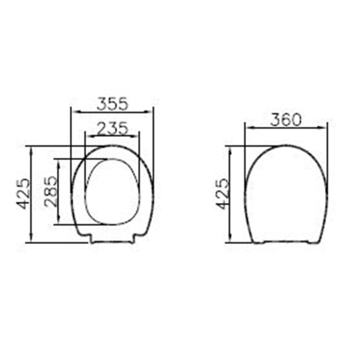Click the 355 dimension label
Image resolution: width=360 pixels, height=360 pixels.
click(x=112, y=104)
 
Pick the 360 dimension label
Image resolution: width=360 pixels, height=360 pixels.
click(x=285, y=120)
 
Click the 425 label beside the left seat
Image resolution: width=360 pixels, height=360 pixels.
click(x=23, y=194)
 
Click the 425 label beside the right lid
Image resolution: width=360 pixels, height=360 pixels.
click(x=223, y=194)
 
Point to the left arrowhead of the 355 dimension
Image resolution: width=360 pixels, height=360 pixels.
click(x=76, y=112)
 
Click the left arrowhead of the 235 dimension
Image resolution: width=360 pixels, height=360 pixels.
click(x=90, y=136)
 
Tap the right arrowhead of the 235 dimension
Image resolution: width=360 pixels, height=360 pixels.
click(x=135, y=136)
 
